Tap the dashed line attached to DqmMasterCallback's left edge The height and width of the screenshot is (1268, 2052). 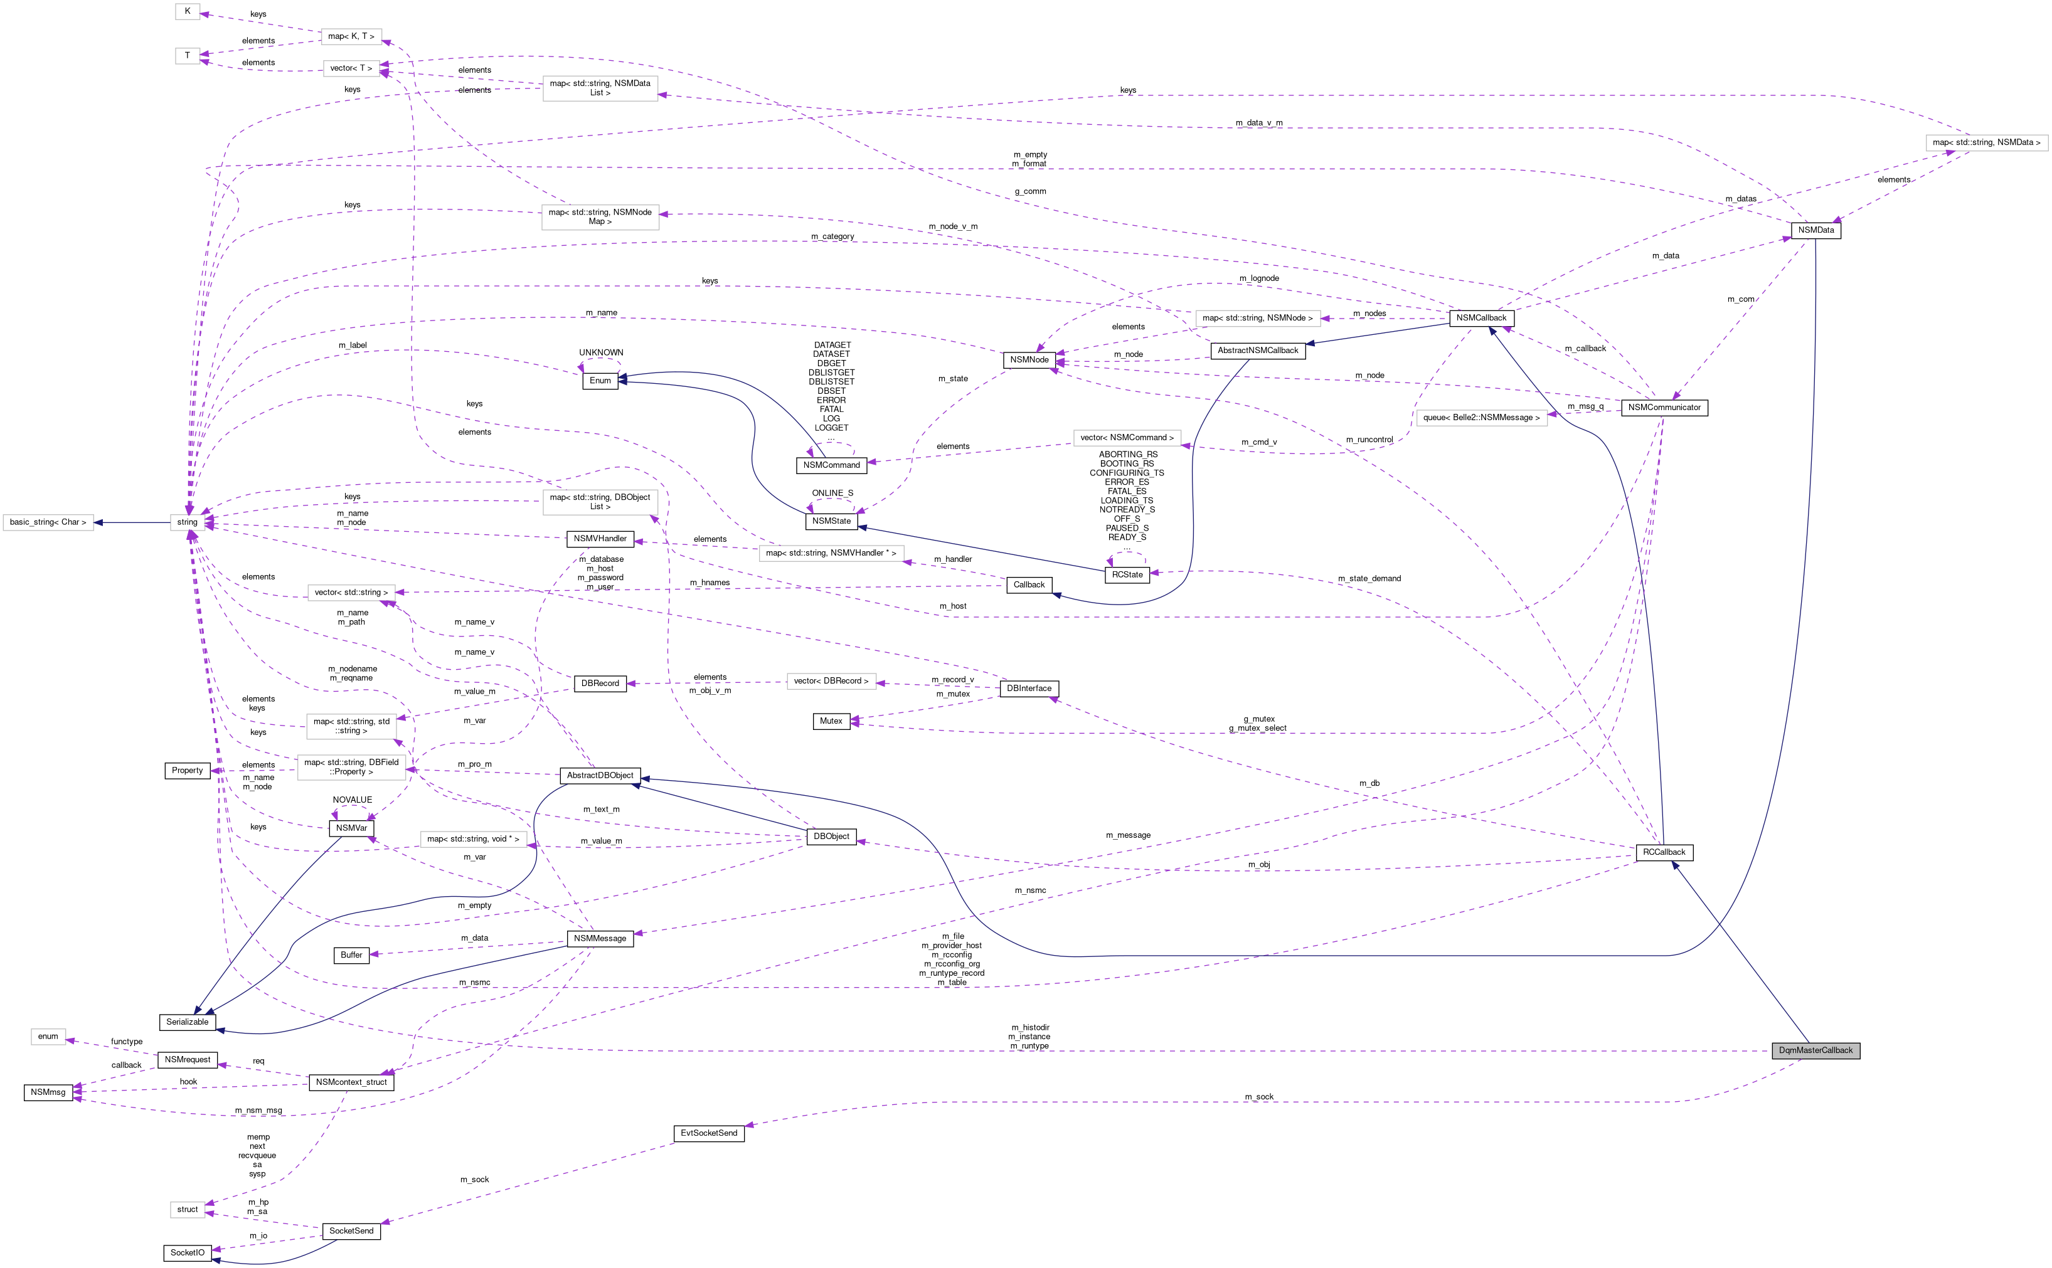coord(1258,1050)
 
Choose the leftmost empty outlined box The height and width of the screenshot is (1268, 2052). coord(48,522)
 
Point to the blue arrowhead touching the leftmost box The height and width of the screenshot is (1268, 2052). coord(98,522)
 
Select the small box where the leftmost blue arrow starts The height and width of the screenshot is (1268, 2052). coord(187,522)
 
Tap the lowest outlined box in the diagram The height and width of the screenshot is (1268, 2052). coord(187,1209)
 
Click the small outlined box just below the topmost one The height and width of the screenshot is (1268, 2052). coord(187,55)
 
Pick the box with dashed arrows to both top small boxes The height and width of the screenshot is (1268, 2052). coord(351,37)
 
